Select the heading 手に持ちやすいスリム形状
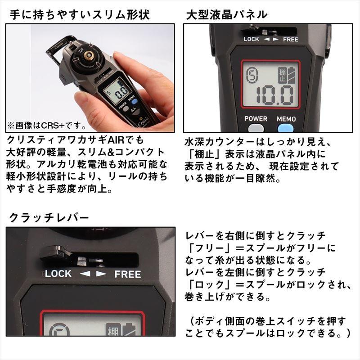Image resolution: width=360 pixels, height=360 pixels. pos(79,14)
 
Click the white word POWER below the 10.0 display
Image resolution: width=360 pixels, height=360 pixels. pos(256,119)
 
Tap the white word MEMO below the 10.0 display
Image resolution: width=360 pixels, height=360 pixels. pos(286,119)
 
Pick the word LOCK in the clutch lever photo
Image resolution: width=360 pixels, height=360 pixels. pos(58,273)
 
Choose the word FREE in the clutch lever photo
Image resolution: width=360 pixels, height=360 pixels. pos(127,274)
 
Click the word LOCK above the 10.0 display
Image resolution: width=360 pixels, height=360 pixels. pos(252,39)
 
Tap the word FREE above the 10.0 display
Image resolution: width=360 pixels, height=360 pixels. pos(290,39)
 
